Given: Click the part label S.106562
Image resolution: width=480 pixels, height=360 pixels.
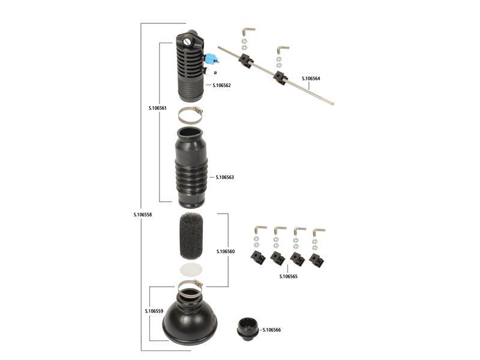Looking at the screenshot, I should point(222,85).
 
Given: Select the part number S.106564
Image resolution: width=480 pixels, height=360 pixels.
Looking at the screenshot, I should point(311,79).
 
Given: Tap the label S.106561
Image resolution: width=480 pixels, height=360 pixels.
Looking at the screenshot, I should point(157,109).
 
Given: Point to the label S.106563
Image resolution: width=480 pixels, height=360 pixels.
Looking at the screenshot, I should point(224,178).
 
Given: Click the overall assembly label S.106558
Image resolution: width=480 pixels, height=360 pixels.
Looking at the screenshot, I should point(143,214).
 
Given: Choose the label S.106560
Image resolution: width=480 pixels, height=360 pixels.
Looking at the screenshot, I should point(225,251).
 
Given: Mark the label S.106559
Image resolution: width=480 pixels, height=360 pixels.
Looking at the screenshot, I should point(155,311).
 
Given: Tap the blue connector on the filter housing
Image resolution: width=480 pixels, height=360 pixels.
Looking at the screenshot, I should point(210,59).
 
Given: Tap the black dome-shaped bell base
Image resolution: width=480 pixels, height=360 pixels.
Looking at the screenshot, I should point(190,321).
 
